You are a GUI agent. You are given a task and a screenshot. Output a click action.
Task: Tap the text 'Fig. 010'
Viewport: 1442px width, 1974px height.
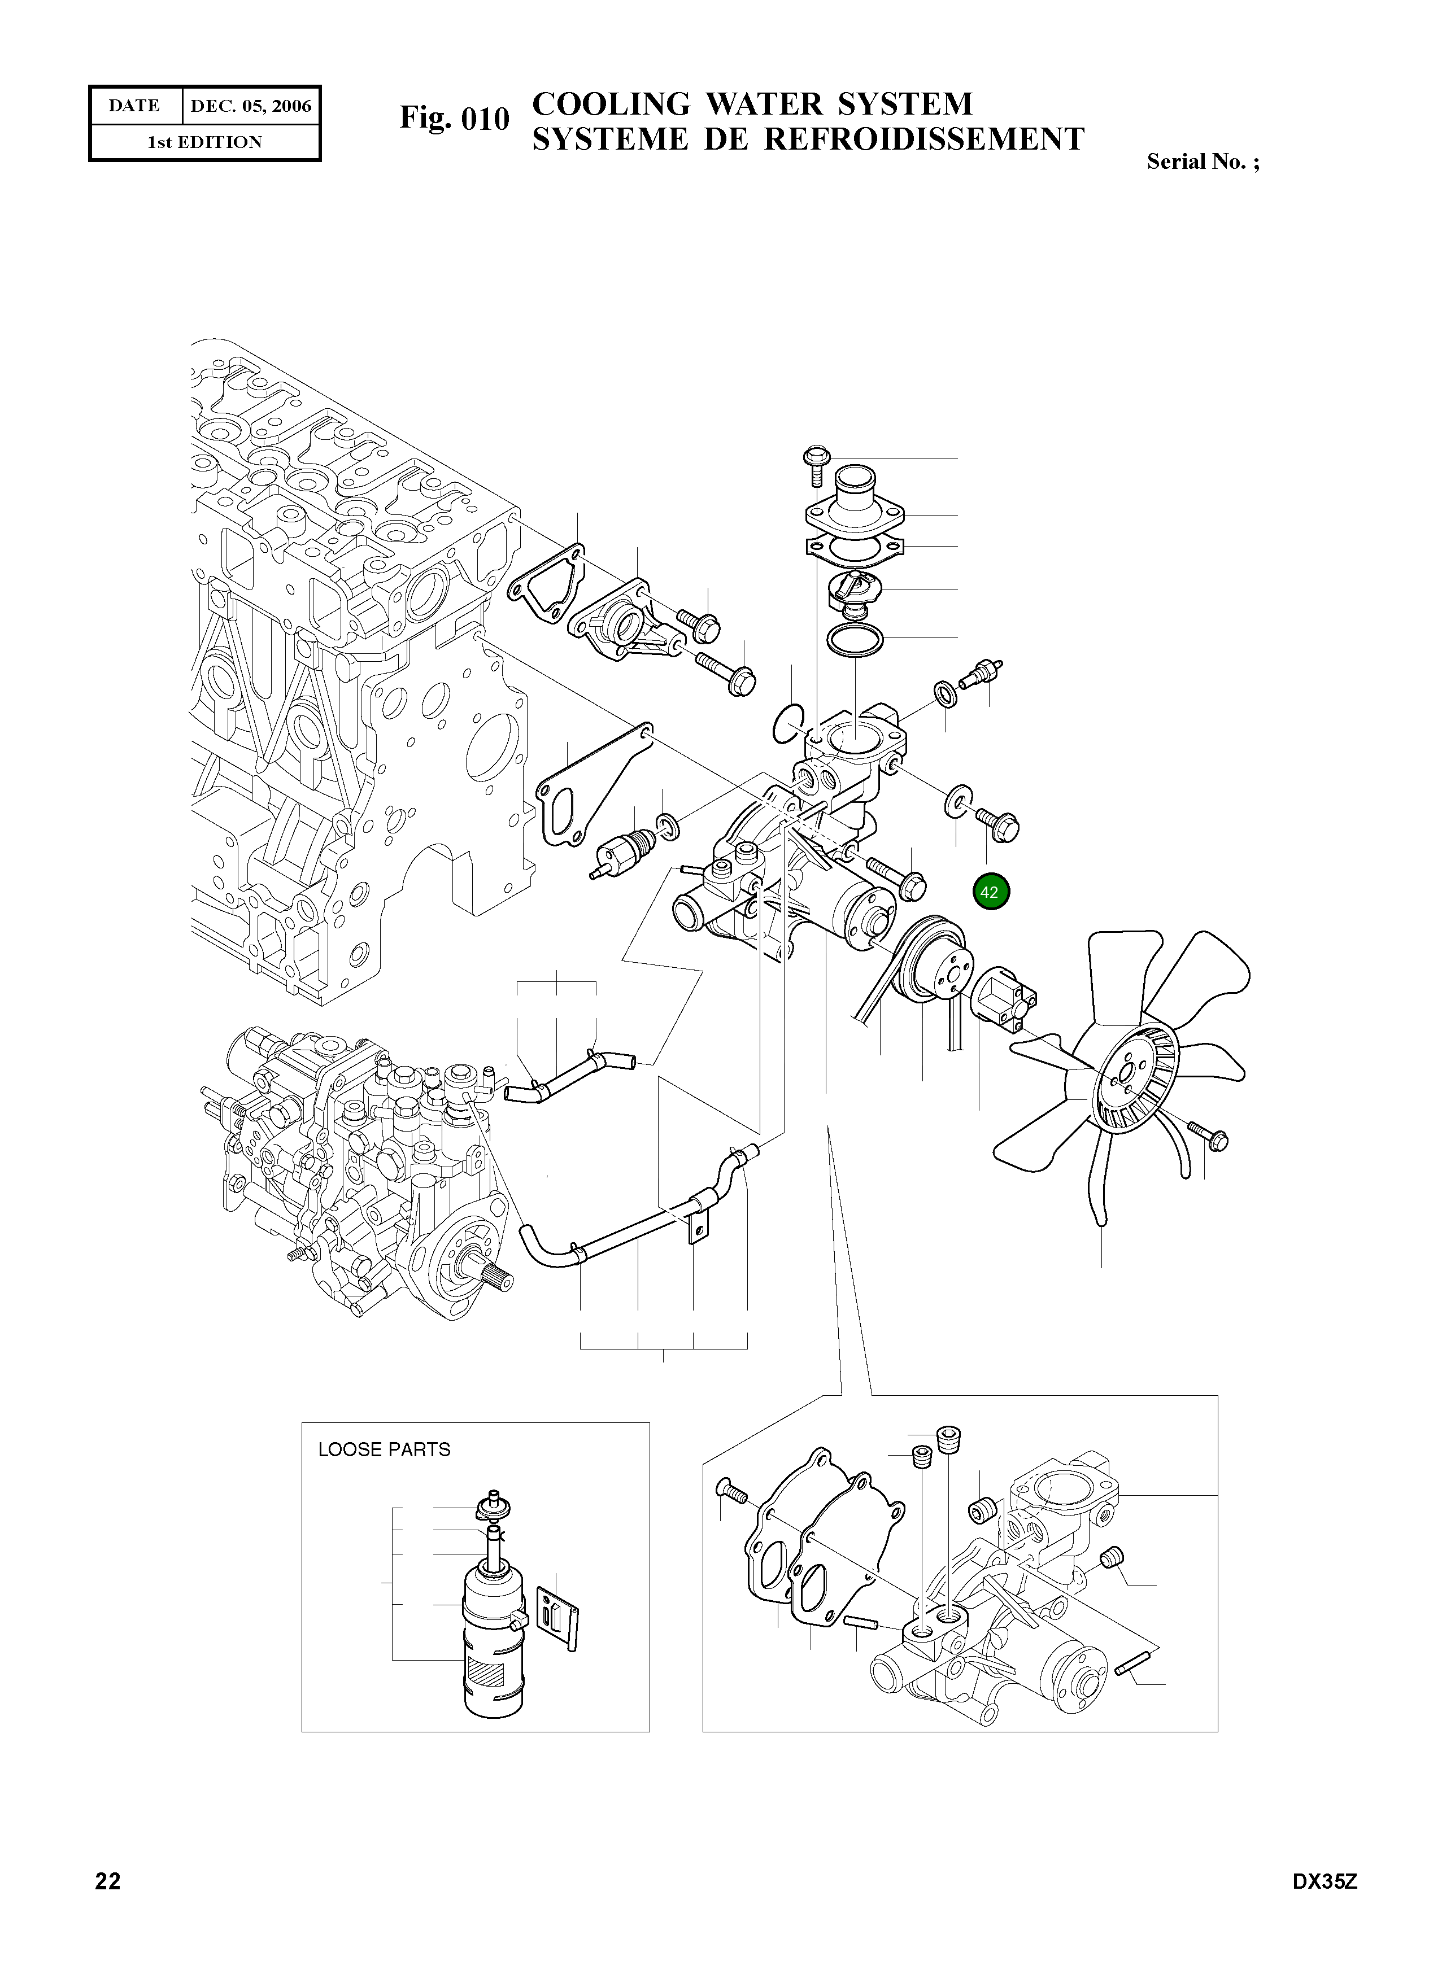coord(454,119)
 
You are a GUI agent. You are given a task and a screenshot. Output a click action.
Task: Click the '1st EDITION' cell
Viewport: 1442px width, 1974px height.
coord(204,142)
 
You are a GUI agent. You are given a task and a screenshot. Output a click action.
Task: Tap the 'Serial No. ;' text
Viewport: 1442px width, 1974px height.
coord(1203,161)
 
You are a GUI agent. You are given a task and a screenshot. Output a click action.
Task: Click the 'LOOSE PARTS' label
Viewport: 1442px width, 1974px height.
coord(384,1449)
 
